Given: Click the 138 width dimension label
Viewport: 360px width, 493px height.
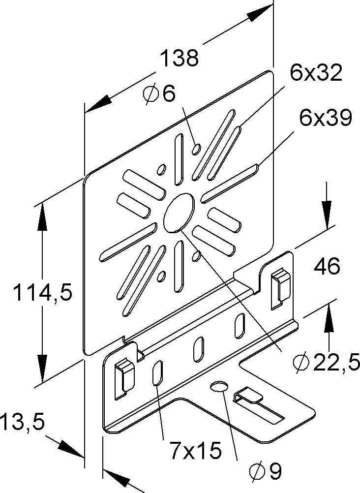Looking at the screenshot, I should (180, 58).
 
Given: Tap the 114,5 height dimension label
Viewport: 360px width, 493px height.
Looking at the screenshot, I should (42, 294).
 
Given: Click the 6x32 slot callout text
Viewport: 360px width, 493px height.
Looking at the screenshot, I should (315, 74).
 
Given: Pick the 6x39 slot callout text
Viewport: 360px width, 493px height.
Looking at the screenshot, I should (325, 119).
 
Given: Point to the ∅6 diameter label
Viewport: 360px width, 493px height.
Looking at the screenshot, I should (160, 93).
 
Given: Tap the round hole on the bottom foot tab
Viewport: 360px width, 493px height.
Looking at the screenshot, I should (219, 386).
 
